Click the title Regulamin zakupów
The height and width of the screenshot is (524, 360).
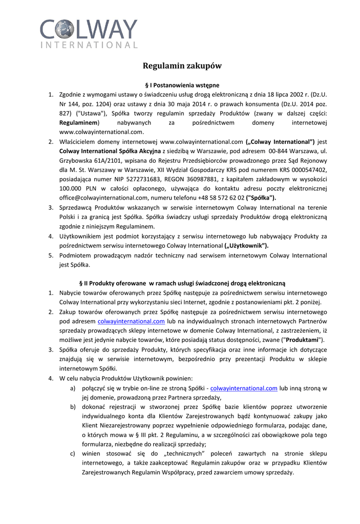[x=182, y=66]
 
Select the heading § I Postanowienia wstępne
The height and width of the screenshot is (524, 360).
[x=182, y=85]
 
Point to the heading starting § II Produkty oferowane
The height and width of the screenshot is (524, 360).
[x=182, y=283]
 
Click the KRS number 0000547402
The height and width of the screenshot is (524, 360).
[x=309, y=170]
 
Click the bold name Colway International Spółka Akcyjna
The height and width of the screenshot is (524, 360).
[x=110, y=151]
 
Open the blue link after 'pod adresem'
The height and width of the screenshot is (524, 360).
[x=131, y=321]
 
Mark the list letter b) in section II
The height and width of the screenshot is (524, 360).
[x=73, y=407]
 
